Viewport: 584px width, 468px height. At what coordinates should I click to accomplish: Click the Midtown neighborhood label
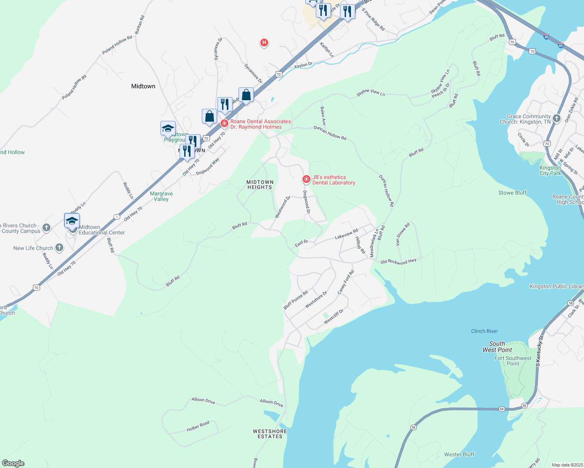click(143, 86)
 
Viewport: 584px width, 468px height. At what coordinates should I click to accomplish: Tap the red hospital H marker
click(264, 43)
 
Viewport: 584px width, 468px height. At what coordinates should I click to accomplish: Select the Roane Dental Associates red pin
click(224, 124)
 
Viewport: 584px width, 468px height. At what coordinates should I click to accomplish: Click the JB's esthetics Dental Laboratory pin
click(306, 179)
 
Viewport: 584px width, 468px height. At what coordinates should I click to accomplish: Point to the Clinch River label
click(484, 331)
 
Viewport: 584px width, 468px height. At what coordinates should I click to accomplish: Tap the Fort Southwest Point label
click(513, 361)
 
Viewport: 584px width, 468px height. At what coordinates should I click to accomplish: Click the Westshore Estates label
click(270, 434)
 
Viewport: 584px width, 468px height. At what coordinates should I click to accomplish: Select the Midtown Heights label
click(260, 184)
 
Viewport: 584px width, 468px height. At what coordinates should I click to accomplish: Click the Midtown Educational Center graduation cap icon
click(72, 221)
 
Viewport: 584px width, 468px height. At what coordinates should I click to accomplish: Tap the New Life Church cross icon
click(59, 247)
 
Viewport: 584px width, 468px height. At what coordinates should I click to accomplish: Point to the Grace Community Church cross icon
click(556, 118)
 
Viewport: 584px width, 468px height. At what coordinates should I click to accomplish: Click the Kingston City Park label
click(550, 170)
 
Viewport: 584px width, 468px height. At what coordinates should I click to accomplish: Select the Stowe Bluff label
click(512, 193)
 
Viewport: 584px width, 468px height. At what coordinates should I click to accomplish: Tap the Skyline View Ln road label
click(370, 92)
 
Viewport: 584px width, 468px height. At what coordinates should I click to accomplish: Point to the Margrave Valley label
click(161, 196)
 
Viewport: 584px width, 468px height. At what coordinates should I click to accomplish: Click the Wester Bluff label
click(459, 454)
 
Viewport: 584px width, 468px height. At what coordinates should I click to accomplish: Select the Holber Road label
click(198, 426)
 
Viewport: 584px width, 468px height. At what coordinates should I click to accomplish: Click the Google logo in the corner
click(13, 463)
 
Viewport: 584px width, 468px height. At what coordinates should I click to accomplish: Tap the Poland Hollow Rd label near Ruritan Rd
click(117, 45)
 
